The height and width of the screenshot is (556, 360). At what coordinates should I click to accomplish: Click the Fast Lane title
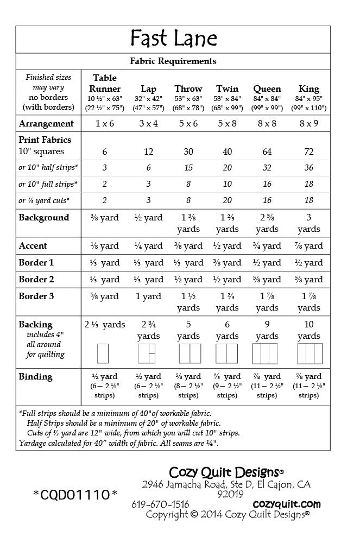tap(173, 39)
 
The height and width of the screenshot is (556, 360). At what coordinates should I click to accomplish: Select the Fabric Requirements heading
tap(173, 61)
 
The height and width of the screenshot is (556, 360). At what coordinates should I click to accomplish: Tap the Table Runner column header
tap(105, 83)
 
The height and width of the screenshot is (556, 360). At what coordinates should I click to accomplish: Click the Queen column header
tap(267, 89)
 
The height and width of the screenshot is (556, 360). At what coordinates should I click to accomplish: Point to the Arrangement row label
tap(46, 124)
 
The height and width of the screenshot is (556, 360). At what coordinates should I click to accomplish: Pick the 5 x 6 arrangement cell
tap(188, 124)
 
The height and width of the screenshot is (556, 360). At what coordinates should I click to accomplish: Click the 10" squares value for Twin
tap(227, 151)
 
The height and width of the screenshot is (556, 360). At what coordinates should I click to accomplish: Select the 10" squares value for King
tap(309, 151)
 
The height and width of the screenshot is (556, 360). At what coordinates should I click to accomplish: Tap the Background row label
tap(44, 218)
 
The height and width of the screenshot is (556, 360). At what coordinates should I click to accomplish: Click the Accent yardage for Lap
tap(149, 246)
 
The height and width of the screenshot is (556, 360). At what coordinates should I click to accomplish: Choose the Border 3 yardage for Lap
tap(149, 297)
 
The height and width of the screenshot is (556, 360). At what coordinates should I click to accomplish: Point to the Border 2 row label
tap(36, 280)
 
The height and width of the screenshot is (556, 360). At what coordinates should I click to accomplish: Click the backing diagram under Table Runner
tap(103, 353)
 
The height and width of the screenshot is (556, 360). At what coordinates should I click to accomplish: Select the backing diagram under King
tap(309, 353)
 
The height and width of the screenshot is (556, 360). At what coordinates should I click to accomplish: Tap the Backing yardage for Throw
tap(188, 330)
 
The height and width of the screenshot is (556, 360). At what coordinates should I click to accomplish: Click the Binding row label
tap(35, 377)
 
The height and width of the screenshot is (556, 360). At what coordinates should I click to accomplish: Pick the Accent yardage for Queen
tap(267, 246)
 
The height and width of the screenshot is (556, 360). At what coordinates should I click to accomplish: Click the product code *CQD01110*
tap(75, 495)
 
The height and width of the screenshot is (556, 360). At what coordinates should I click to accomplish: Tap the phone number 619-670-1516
tap(160, 504)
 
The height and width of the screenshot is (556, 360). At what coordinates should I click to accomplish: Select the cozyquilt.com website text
tap(287, 504)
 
